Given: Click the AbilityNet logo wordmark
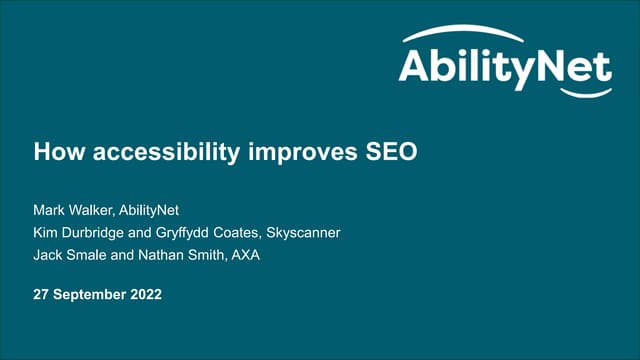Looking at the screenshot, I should pos(504,67).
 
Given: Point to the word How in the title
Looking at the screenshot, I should pos(55,153).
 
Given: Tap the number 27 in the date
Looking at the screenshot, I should pos(44,296).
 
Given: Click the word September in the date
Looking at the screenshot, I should pos(95,296).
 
